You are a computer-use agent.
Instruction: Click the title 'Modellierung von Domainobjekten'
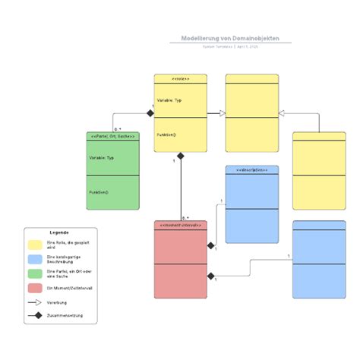click(x=230, y=38)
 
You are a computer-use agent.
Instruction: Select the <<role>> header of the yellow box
click(x=181, y=78)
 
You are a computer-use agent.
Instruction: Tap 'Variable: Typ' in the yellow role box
click(x=169, y=99)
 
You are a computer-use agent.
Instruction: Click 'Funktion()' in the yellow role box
click(x=167, y=134)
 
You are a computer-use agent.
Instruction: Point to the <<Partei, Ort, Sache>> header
click(x=113, y=136)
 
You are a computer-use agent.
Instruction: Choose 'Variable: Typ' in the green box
click(x=102, y=157)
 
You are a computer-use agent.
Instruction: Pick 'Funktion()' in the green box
click(x=99, y=192)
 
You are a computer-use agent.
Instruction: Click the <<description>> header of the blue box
click(x=251, y=170)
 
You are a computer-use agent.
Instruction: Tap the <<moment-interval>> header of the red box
click(x=181, y=226)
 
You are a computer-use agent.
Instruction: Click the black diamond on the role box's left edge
click(x=150, y=113)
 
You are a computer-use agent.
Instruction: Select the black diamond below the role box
click(x=181, y=156)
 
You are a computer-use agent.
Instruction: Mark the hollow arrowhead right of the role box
click(x=222, y=113)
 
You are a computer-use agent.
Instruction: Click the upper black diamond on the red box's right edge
click(x=211, y=245)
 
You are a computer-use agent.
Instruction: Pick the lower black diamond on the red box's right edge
click(x=211, y=276)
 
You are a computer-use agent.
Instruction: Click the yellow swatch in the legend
click(x=36, y=245)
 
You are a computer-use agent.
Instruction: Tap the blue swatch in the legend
click(x=36, y=259)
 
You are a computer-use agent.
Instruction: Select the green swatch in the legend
click(x=36, y=273)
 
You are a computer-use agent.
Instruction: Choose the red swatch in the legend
click(x=36, y=288)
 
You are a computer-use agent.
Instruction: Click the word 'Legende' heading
click(x=59, y=232)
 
